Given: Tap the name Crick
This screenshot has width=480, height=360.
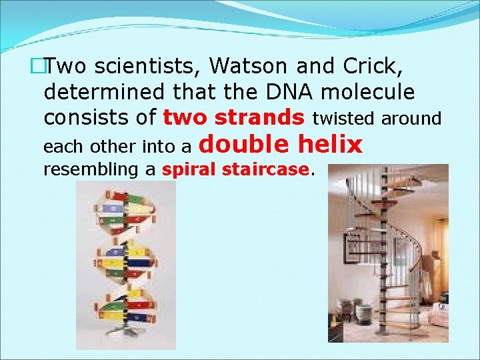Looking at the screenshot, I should coord(374,67).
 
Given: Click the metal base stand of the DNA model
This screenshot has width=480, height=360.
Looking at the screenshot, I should coord(126,331).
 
